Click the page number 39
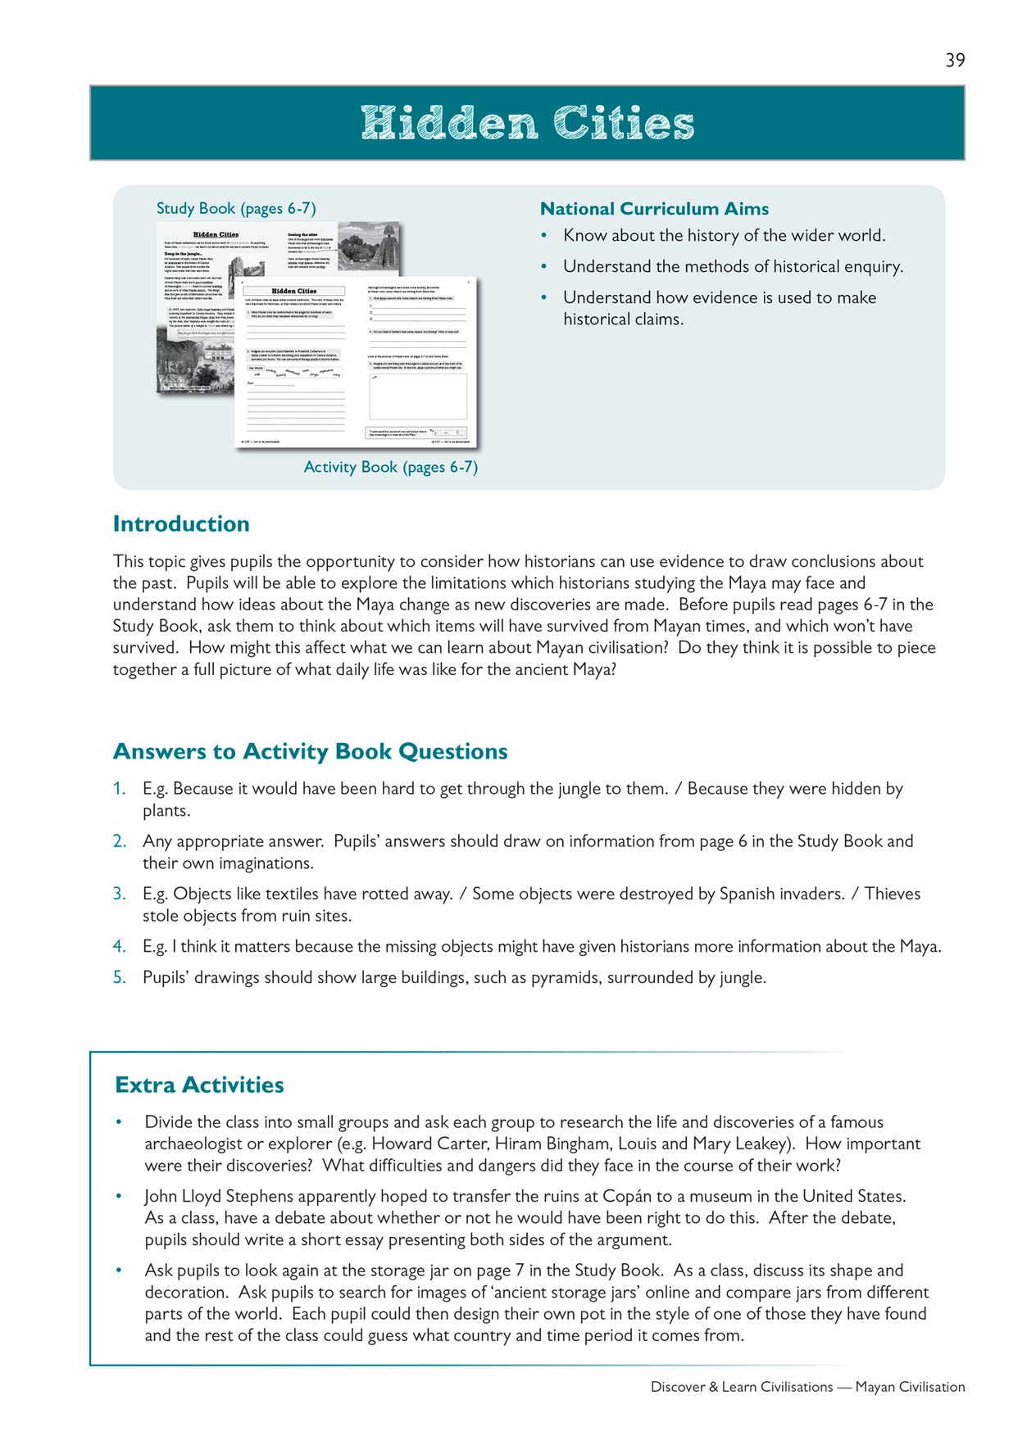pos(955,60)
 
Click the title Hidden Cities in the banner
pos(527,123)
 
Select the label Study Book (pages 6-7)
pos(236,208)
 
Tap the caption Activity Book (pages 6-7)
pos(390,467)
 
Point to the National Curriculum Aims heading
pos(654,209)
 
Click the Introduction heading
pos(181,524)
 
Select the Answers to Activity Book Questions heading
pos(311,751)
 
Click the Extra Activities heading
pos(199,1085)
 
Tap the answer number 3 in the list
pos(120,894)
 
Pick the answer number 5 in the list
pos(120,977)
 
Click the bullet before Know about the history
pos(544,236)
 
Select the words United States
pos(853,1196)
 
